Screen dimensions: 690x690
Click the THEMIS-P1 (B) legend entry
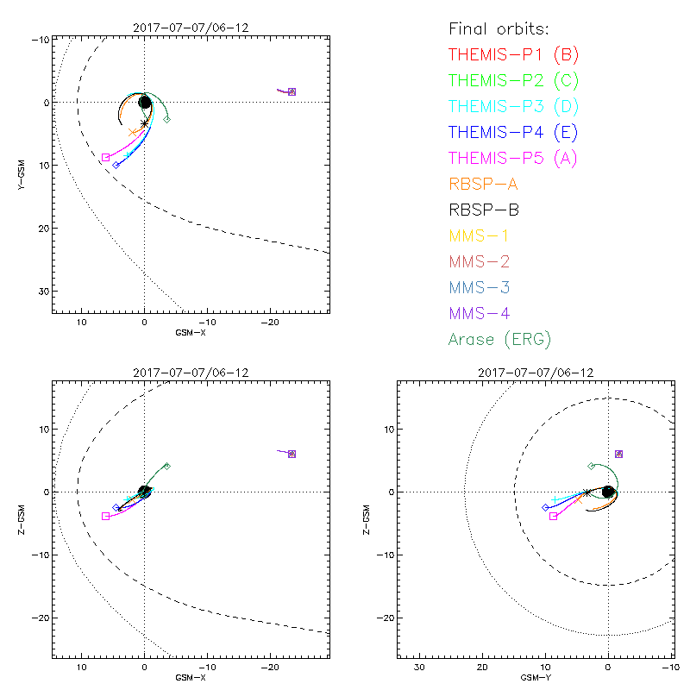[513, 55]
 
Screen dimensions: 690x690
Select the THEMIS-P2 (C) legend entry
[513, 81]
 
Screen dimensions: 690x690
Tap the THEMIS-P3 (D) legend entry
[513, 107]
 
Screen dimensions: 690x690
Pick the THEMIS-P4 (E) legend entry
[513, 133]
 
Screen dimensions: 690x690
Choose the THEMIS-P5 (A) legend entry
[513, 159]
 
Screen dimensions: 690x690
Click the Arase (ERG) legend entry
[499, 339]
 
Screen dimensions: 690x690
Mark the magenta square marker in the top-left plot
[106, 158]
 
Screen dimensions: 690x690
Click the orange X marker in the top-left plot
[132, 132]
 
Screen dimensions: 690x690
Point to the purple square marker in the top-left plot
[292, 91]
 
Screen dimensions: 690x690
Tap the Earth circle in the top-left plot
[145, 103]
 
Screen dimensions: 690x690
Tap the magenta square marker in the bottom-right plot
[553, 516]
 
